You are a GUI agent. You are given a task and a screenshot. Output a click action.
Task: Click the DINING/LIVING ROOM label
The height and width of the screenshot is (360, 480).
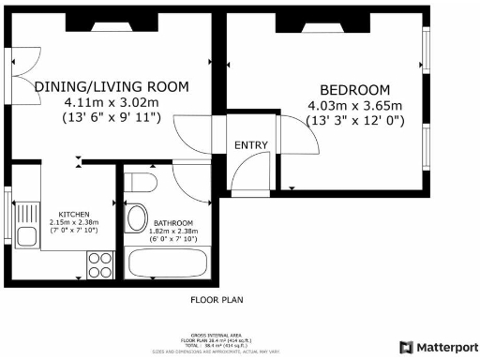(112, 86)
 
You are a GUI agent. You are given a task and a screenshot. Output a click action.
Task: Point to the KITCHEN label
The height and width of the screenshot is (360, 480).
(74, 213)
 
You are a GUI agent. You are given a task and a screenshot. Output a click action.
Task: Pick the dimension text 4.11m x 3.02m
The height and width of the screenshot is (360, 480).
(112, 101)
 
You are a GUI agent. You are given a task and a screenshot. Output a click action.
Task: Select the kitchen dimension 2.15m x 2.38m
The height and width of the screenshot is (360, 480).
(74, 221)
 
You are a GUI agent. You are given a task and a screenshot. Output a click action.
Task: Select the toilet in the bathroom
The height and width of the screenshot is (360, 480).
(141, 182)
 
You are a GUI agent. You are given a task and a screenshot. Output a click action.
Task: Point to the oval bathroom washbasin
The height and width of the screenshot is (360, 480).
(136, 220)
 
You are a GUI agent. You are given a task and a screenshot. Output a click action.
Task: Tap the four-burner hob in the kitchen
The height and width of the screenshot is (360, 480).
(99, 263)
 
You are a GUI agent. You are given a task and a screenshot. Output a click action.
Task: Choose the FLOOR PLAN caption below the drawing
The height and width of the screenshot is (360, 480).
(217, 300)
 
